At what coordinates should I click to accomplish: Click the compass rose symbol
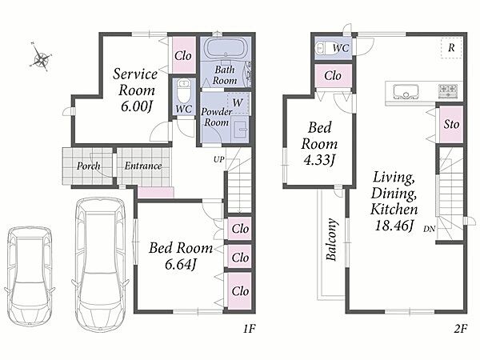tap(41, 58)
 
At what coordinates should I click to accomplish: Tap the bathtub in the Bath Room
tap(226, 48)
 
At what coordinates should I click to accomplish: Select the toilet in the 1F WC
tap(184, 91)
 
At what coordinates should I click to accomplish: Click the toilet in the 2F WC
tap(324, 48)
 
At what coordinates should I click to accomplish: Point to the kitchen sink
tap(406, 91)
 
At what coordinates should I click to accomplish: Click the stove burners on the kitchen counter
tap(449, 90)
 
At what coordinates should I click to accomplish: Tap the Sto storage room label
tap(451, 124)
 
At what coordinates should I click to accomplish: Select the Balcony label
tap(331, 239)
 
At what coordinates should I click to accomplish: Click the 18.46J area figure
tap(394, 226)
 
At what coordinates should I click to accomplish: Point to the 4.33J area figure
tap(319, 160)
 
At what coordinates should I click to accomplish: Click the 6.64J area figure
tap(180, 264)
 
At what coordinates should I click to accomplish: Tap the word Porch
tap(88, 166)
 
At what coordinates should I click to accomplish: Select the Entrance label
tap(143, 166)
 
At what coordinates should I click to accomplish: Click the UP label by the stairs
tap(219, 159)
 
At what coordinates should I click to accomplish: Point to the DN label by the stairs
tap(430, 228)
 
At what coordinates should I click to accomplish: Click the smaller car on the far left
tap(30, 275)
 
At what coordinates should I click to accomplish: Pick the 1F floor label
tap(249, 329)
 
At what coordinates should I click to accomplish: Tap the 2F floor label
tap(461, 329)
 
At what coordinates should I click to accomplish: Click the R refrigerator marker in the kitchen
tap(451, 48)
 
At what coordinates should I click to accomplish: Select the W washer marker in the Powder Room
tap(238, 102)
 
